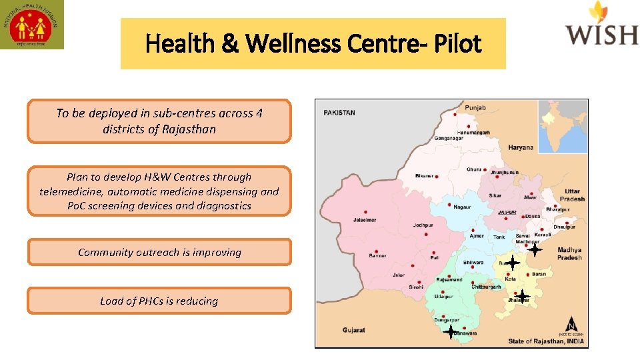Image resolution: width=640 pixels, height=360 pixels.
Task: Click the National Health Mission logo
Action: (x=32, y=25)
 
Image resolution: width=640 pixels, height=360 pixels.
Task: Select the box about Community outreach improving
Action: (x=159, y=252)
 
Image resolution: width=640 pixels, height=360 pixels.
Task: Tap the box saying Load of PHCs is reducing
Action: (x=159, y=301)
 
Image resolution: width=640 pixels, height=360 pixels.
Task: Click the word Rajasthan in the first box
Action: (x=189, y=129)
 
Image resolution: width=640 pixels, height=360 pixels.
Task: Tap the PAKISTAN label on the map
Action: (x=339, y=113)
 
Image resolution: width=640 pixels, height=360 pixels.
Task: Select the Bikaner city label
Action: (x=424, y=176)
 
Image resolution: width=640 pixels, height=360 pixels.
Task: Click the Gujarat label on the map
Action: (x=353, y=330)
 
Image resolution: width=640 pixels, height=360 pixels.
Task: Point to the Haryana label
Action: (x=521, y=147)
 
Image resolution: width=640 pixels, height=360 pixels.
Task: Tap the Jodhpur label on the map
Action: (x=423, y=225)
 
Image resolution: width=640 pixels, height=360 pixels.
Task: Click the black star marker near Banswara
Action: (x=451, y=331)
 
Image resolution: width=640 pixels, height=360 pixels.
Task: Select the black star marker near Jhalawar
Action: (x=523, y=295)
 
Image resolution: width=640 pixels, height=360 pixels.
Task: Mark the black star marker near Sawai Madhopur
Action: (x=534, y=249)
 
